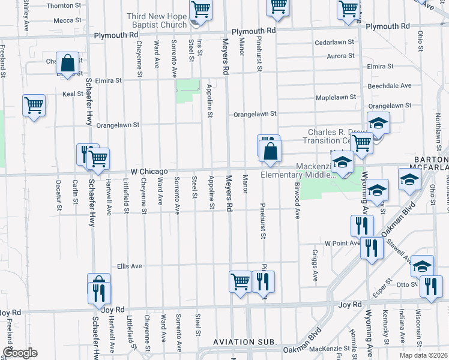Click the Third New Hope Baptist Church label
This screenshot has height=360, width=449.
[157, 20]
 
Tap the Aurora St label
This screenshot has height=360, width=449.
[340, 56]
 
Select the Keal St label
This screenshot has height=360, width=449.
[73, 94]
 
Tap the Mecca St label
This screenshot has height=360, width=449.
[63, 20]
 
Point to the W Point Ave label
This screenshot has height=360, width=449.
[342, 244]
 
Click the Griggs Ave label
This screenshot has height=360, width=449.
[316, 266]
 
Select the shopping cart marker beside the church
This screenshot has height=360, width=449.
[200, 10]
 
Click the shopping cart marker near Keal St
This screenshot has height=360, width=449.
[34, 106]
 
